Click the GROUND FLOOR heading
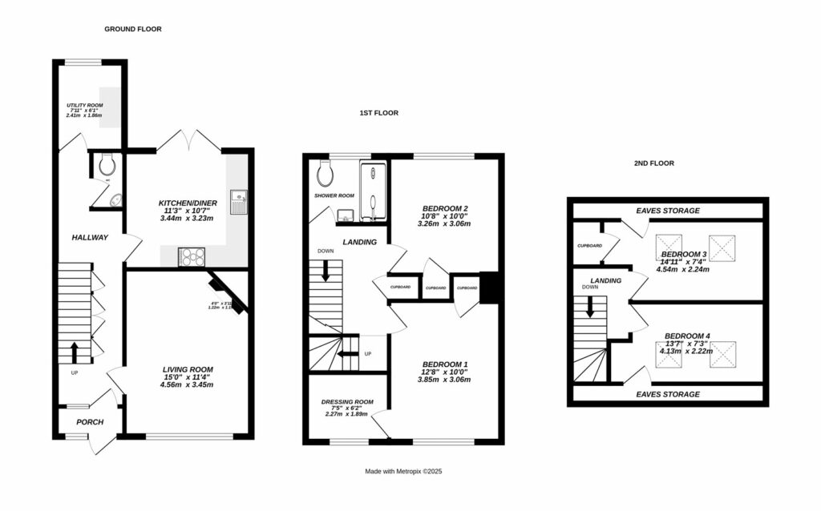click(x=132, y=29)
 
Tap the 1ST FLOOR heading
click(x=378, y=113)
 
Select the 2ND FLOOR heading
click(x=653, y=163)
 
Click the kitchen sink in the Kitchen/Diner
click(x=239, y=198)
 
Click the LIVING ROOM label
click(x=189, y=369)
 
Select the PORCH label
click(x=90, y=422)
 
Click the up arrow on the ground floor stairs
click(x=75, y=350)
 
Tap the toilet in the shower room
click(x=326, y=171)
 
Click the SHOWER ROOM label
click(x=334, y=195)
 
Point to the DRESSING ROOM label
click(x=347, y=401)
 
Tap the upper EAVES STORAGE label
click(x=668, y=211)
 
